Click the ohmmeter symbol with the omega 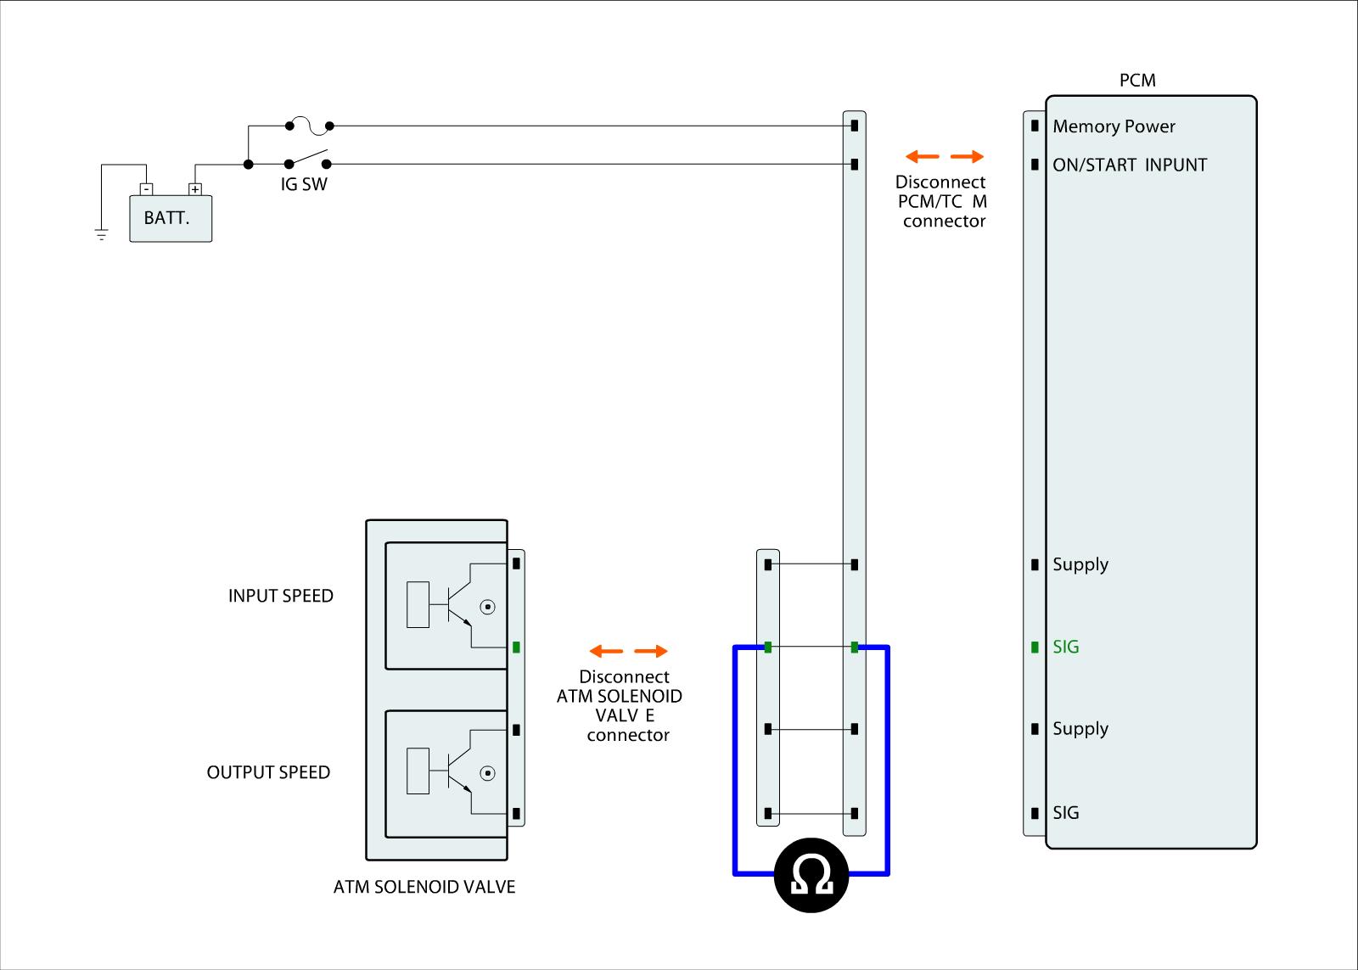coord(811,875)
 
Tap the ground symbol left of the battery coord(102,234)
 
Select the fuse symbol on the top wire coord(309,126)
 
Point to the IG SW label coord(304,184)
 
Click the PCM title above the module coord(1137,81)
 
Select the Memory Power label coord(1114,126)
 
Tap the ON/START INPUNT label coord(1129,165)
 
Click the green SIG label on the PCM coord(1065,647)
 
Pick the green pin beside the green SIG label coord(1035,647)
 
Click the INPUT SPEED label coord(280,596)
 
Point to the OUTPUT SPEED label coord(268,772)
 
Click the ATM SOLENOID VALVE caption coord(424,887)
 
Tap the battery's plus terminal coord(194,189)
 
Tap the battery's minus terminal coord(146,189)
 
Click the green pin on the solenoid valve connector coord(516,648)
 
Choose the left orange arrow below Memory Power coord(923,156)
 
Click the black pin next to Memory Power coord(1035,126)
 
